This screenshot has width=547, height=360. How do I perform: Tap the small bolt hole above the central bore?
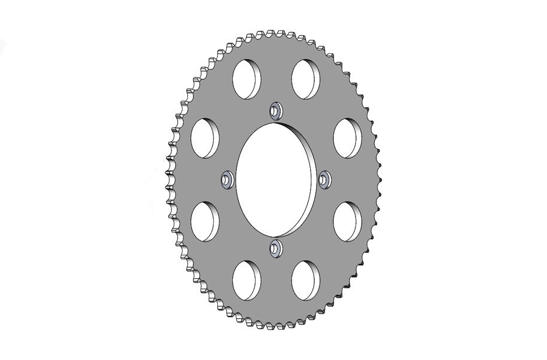276,111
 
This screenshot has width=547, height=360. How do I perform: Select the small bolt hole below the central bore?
276,248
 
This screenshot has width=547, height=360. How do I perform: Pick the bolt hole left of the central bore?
227,179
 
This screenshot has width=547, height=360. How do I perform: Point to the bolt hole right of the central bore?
325,179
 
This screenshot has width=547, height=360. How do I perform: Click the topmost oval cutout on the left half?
247,79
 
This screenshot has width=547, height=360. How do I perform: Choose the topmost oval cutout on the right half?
305,79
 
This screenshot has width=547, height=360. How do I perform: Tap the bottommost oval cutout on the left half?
247,280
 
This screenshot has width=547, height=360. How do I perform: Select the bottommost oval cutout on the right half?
305,280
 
